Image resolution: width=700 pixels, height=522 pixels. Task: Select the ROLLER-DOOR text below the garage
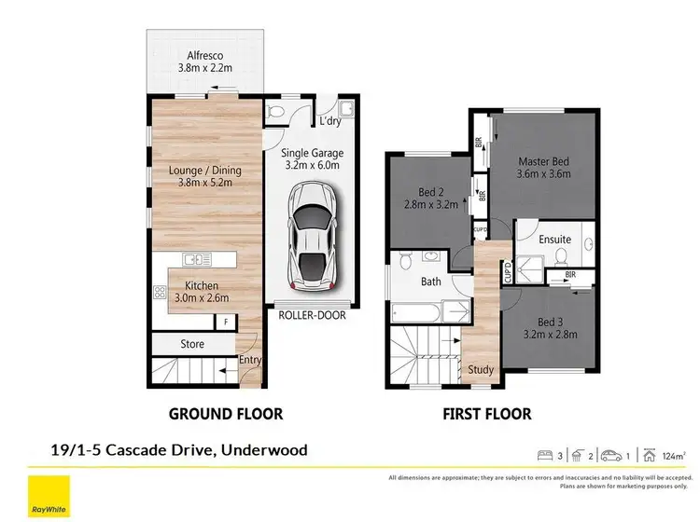pyautogui.click(x=312, y=315)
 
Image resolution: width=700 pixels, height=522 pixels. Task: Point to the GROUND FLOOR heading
pyautogui.click(x=225, y=413)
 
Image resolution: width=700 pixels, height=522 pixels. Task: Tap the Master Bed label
pyautogui.click(x=543, y=161)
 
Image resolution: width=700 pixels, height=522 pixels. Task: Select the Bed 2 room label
pyautogui.click(x=430, y=192)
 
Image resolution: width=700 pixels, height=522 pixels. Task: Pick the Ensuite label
pyautogui.click(x=554, y=240)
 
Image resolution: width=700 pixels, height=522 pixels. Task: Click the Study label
pyautogui.click(x=481, y=369)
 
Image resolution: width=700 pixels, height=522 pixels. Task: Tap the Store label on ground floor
pyautogui.click(x=192, y=344)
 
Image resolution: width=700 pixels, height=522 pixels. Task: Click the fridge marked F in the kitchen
pyautogui.click(x=224, y=323)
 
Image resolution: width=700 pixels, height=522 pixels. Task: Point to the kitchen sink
pyautogui.click(x=196, y=259)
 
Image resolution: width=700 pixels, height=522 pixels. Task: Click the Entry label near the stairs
pyautogui.click(x=249, y=360)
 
